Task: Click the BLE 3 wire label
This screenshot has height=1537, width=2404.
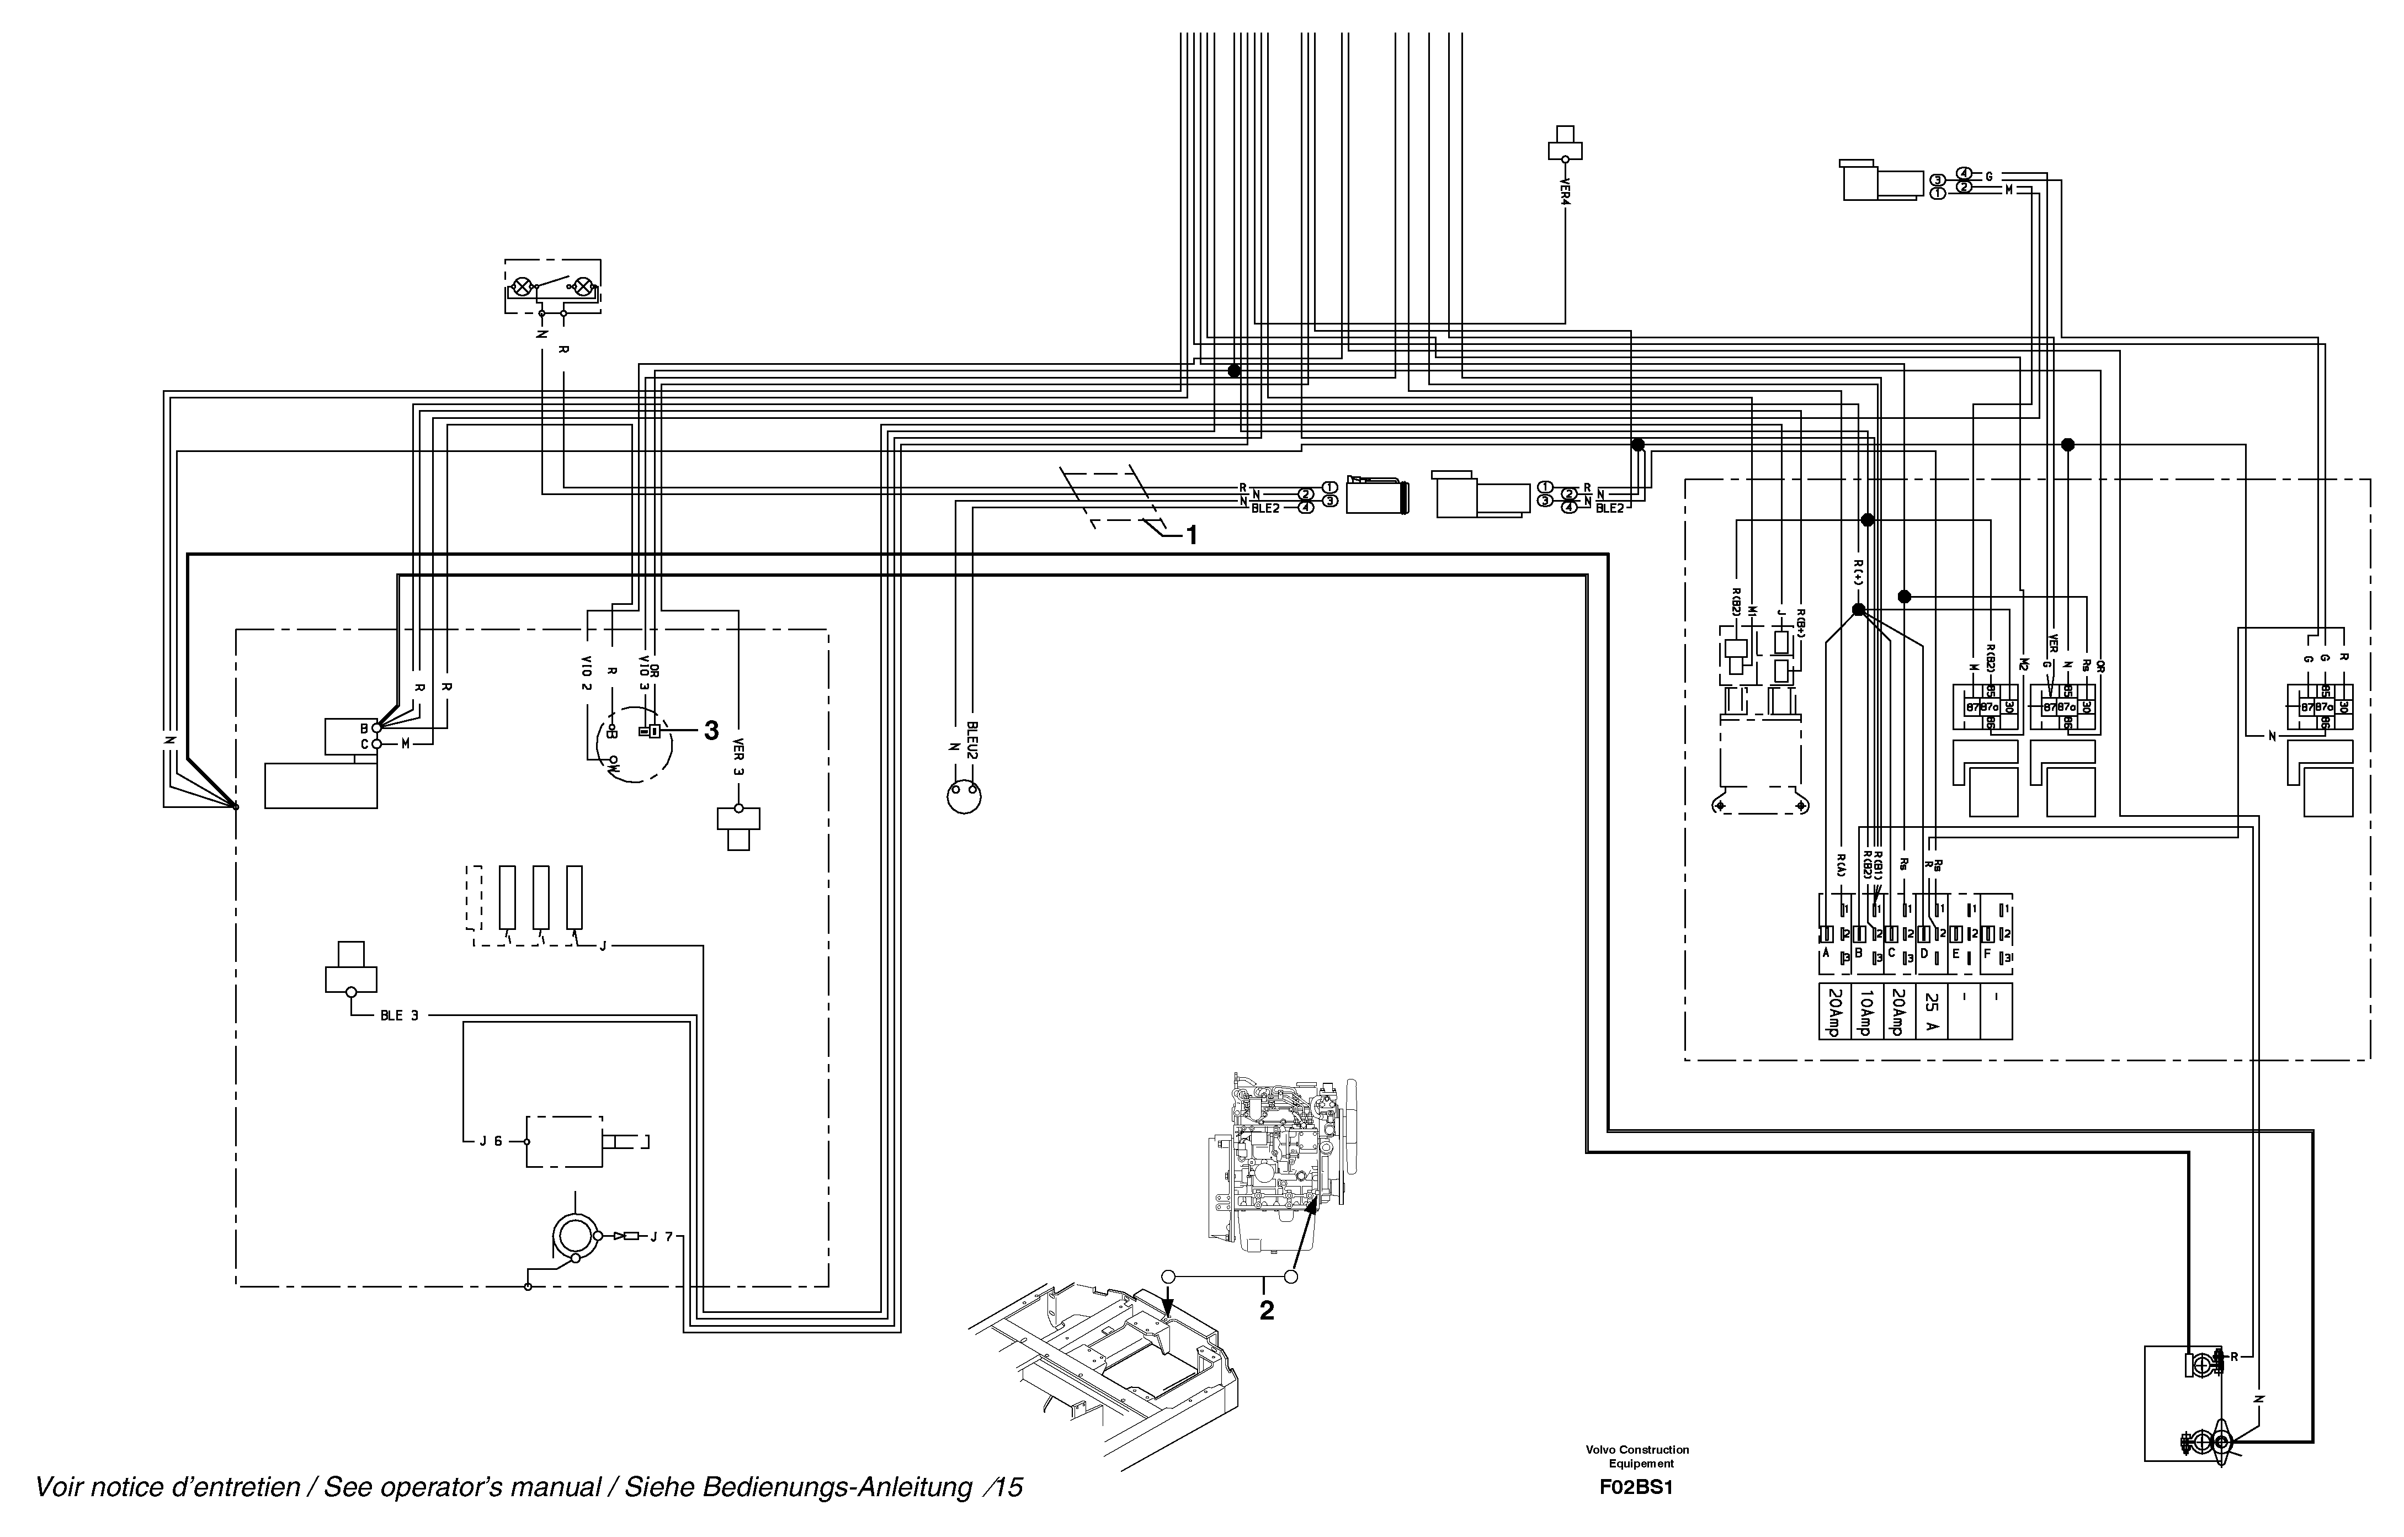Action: [x=400, y=1016]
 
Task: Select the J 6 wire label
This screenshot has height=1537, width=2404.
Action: [x=490, y=1141]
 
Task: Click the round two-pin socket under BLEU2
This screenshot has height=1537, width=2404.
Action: [x=964, y=796]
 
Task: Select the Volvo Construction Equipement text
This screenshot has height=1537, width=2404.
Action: [x=1637, y=1456]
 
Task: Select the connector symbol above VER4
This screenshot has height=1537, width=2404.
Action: [x=1565, y=143]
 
